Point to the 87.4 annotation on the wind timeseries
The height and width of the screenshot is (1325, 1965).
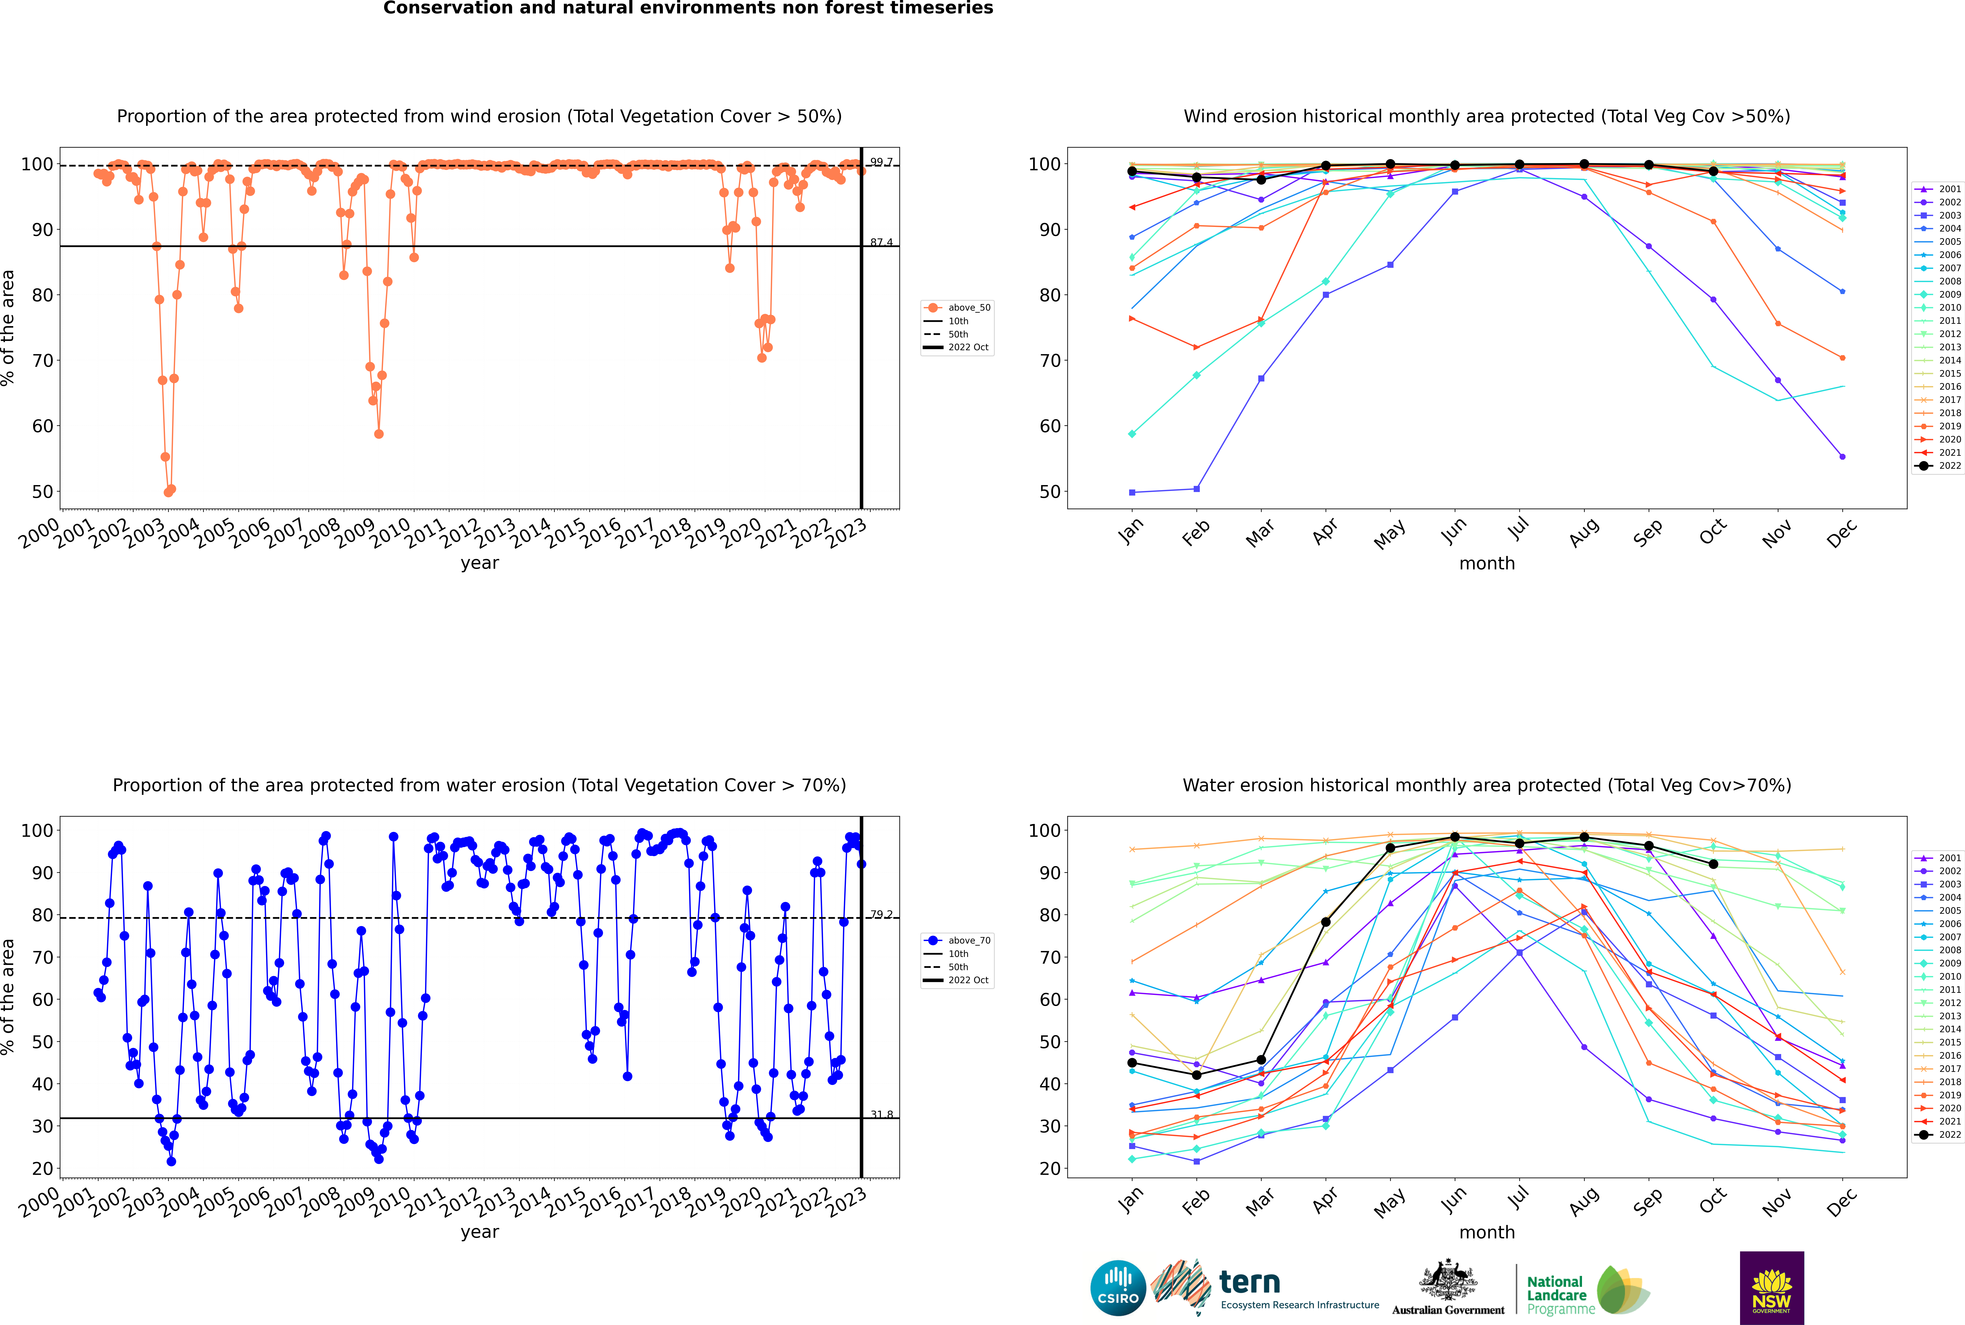(881, 242)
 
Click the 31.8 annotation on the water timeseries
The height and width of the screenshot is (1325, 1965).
(881, 1115)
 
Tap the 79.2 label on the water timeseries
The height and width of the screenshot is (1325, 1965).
(881, 914)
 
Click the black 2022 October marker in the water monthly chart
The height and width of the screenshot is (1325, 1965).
(1713, 864)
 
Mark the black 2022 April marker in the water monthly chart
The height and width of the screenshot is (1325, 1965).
(1326, 922)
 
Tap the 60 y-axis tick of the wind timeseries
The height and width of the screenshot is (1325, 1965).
(42, 426)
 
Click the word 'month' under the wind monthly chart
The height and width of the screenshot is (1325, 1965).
(1487, 564)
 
